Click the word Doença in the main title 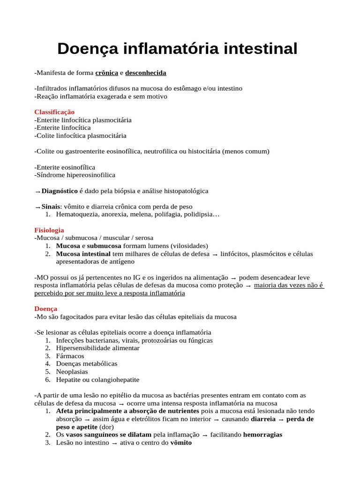[x=88, y=49]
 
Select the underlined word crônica [x=107, y=73]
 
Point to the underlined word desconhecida [x=146, y=73]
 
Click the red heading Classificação [x=54, y=112]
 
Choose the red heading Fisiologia [x=49, y=230]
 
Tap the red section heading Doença [x=46, y=309]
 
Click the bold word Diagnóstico [x=60, y=191]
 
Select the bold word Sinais [x=51, y=206]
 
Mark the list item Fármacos [x=70, y=356]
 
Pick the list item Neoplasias [x=72, y=372]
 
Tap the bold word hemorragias [x=262, y=435]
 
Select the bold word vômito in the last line [x=181, y=442]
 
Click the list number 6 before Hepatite [x=48, y=380]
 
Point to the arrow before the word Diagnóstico [x=37, y=192]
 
